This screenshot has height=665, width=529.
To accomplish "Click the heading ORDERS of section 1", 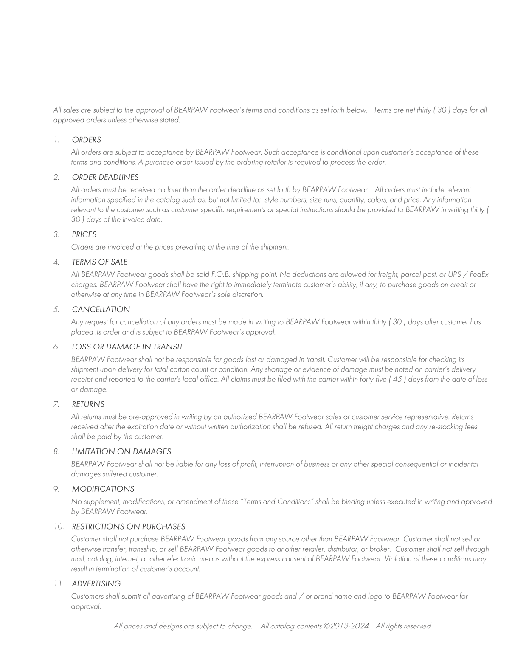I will click(x=86, y=140).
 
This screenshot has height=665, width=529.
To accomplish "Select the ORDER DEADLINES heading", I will click(x=105, y=177).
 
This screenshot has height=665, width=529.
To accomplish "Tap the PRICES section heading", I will click(x=84, y=234).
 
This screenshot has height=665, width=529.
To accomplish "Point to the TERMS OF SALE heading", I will click(x=100, y=262).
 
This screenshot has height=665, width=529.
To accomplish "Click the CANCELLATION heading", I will click(x=101, y=309).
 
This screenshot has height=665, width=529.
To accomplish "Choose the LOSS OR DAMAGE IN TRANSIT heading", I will click(x=127, y=347).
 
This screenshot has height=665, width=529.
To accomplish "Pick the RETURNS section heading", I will click(x=88, y=404).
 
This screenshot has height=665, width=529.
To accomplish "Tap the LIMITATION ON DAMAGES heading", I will click(x=121, y=451).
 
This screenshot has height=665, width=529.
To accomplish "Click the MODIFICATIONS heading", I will click(x=103, y=489).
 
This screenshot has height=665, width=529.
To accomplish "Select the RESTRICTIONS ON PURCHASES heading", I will click(x=129, y=527).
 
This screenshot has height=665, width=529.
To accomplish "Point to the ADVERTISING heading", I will click(x=96, y=584).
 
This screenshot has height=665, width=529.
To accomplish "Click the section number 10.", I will click(x=59, y=527).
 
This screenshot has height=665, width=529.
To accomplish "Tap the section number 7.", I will click(x=56, y=404).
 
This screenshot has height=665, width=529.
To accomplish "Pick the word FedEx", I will click(x=479, y=275).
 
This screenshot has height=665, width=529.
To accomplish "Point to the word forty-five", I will click(x=372, y=379).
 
